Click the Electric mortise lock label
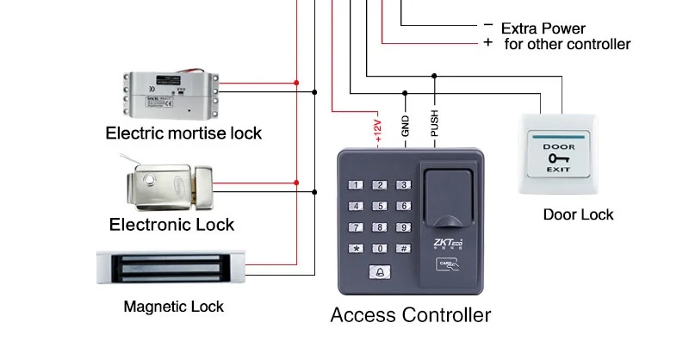click(x=183, y=133)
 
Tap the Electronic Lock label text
click(x=172, y=225)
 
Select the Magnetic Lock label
click(x=174, y=306)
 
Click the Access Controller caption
click(x=411, y=314)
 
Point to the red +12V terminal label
click(x=377, y=127)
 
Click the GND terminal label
click(x=405, y=127)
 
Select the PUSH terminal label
click(x=434, y=125)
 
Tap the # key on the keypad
click(x=400, y=249)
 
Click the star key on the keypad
click(x=355, y=249)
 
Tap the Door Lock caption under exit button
click(x=578, y=214)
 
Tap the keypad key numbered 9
click(x=400, y=227)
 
